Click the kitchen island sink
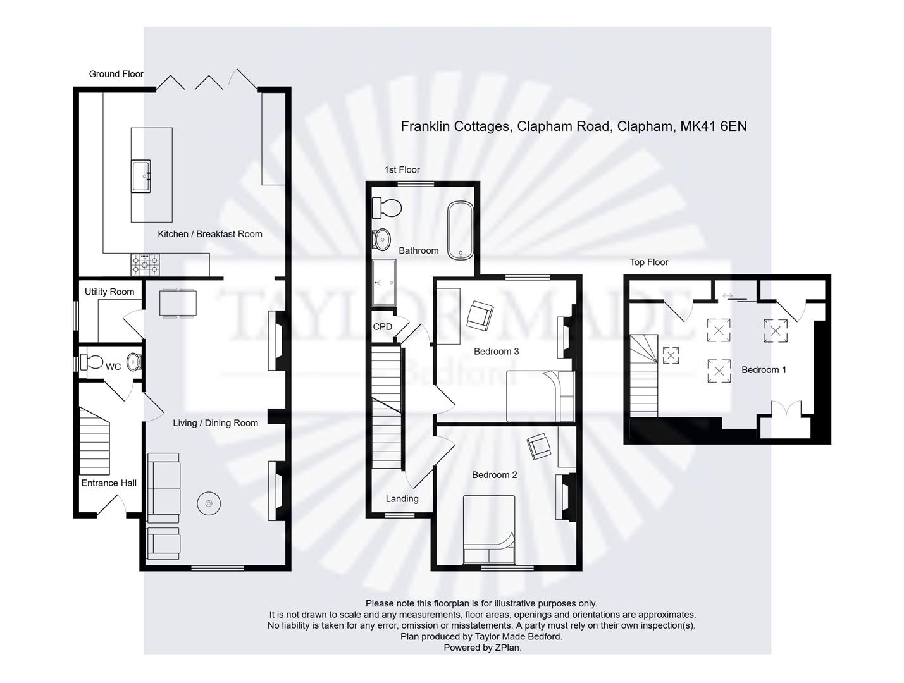click(141, 176)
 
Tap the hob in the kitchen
click(146, 264)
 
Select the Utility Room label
click(109, 292)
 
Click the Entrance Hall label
click(109, 483)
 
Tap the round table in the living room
click(208, 503)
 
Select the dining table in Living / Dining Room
click(178, 302)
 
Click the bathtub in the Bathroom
click(460, 230)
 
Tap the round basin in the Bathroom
click(381, 240)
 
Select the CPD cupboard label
click(383, 327)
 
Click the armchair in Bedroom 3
click(479, 315)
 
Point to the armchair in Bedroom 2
click(539, 446)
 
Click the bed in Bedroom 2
click(489, 530)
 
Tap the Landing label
click(402, 499)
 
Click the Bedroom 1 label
click(764, 370)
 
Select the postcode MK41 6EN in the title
click(713, 126)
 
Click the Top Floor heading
click(648, 262)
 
